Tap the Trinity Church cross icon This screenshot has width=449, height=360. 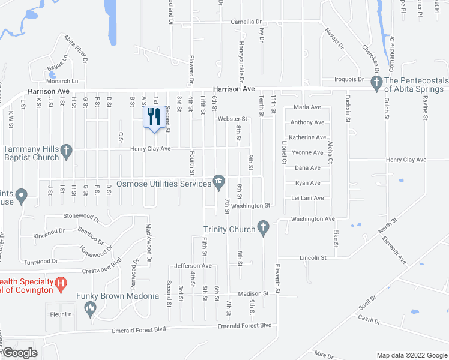262,227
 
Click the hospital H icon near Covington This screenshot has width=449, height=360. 61,283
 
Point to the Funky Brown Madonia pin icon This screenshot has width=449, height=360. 91,310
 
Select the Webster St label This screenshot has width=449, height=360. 232,119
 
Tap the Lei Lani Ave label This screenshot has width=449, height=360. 307,198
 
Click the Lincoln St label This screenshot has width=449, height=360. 313,257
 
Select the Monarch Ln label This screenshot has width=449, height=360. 63,81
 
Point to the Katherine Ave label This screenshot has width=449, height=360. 307,137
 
